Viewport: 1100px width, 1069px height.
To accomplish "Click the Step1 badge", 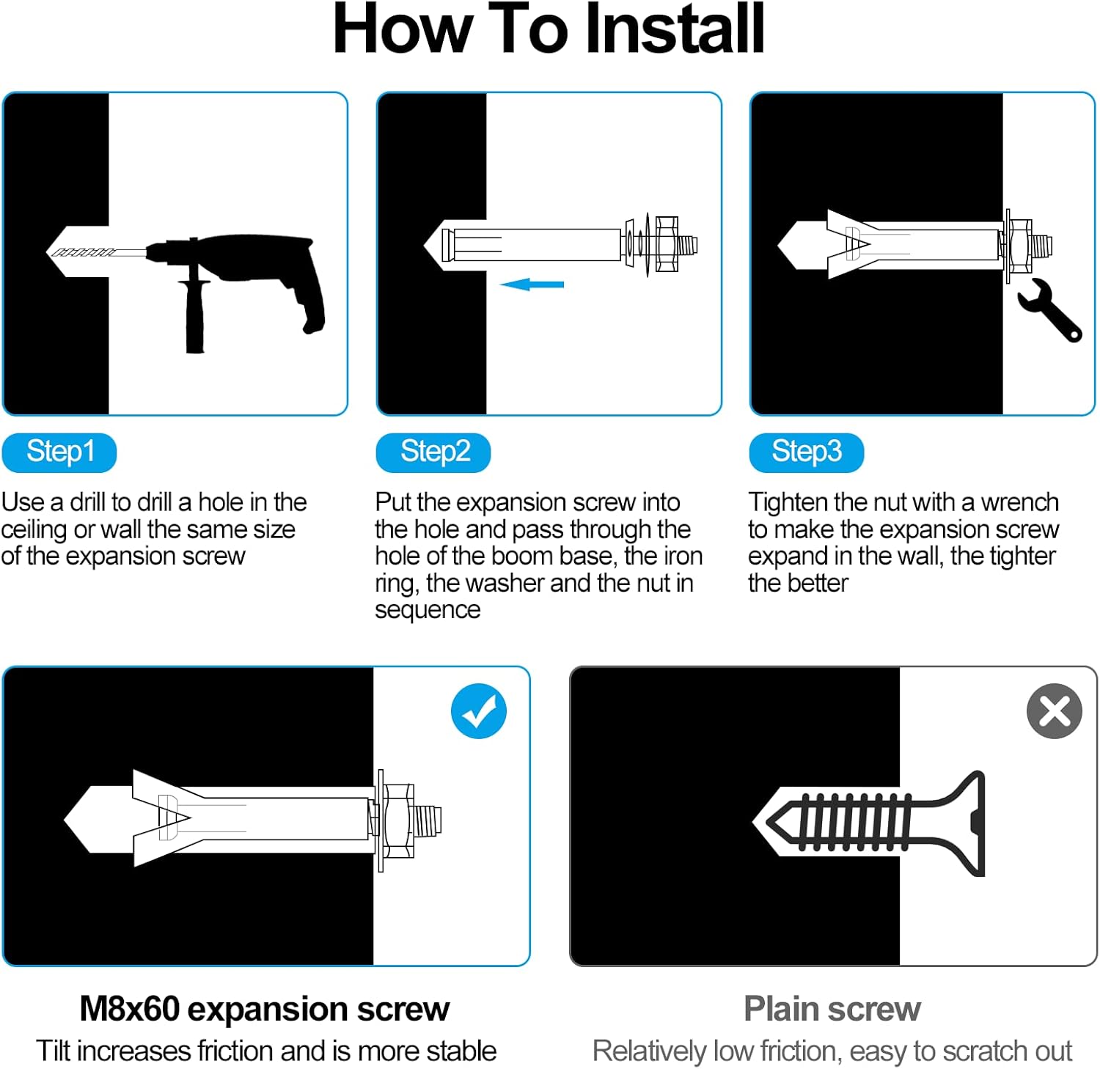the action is pyautogui.click(x=59, y=452).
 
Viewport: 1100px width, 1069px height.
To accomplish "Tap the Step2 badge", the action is pyautogui.click(x=433, y=452).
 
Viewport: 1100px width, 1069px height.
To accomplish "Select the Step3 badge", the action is pyautogui.click(x=807, y=452).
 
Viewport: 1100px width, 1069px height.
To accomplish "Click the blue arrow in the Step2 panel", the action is pyautogui.click(x=532, y=284).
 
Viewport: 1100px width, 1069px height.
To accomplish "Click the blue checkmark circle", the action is pyautogui.click(x=479, y=711).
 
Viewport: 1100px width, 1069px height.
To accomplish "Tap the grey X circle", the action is pyautogui.click(x=1055, y=711).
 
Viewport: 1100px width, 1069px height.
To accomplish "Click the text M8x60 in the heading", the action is pyautogui.click(x=129, y=1009).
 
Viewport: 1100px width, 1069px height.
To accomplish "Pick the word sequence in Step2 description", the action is pyautogui.click(x=428, y=611).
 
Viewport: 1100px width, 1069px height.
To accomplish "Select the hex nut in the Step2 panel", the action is pyautogui.click(x=667, y=245).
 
